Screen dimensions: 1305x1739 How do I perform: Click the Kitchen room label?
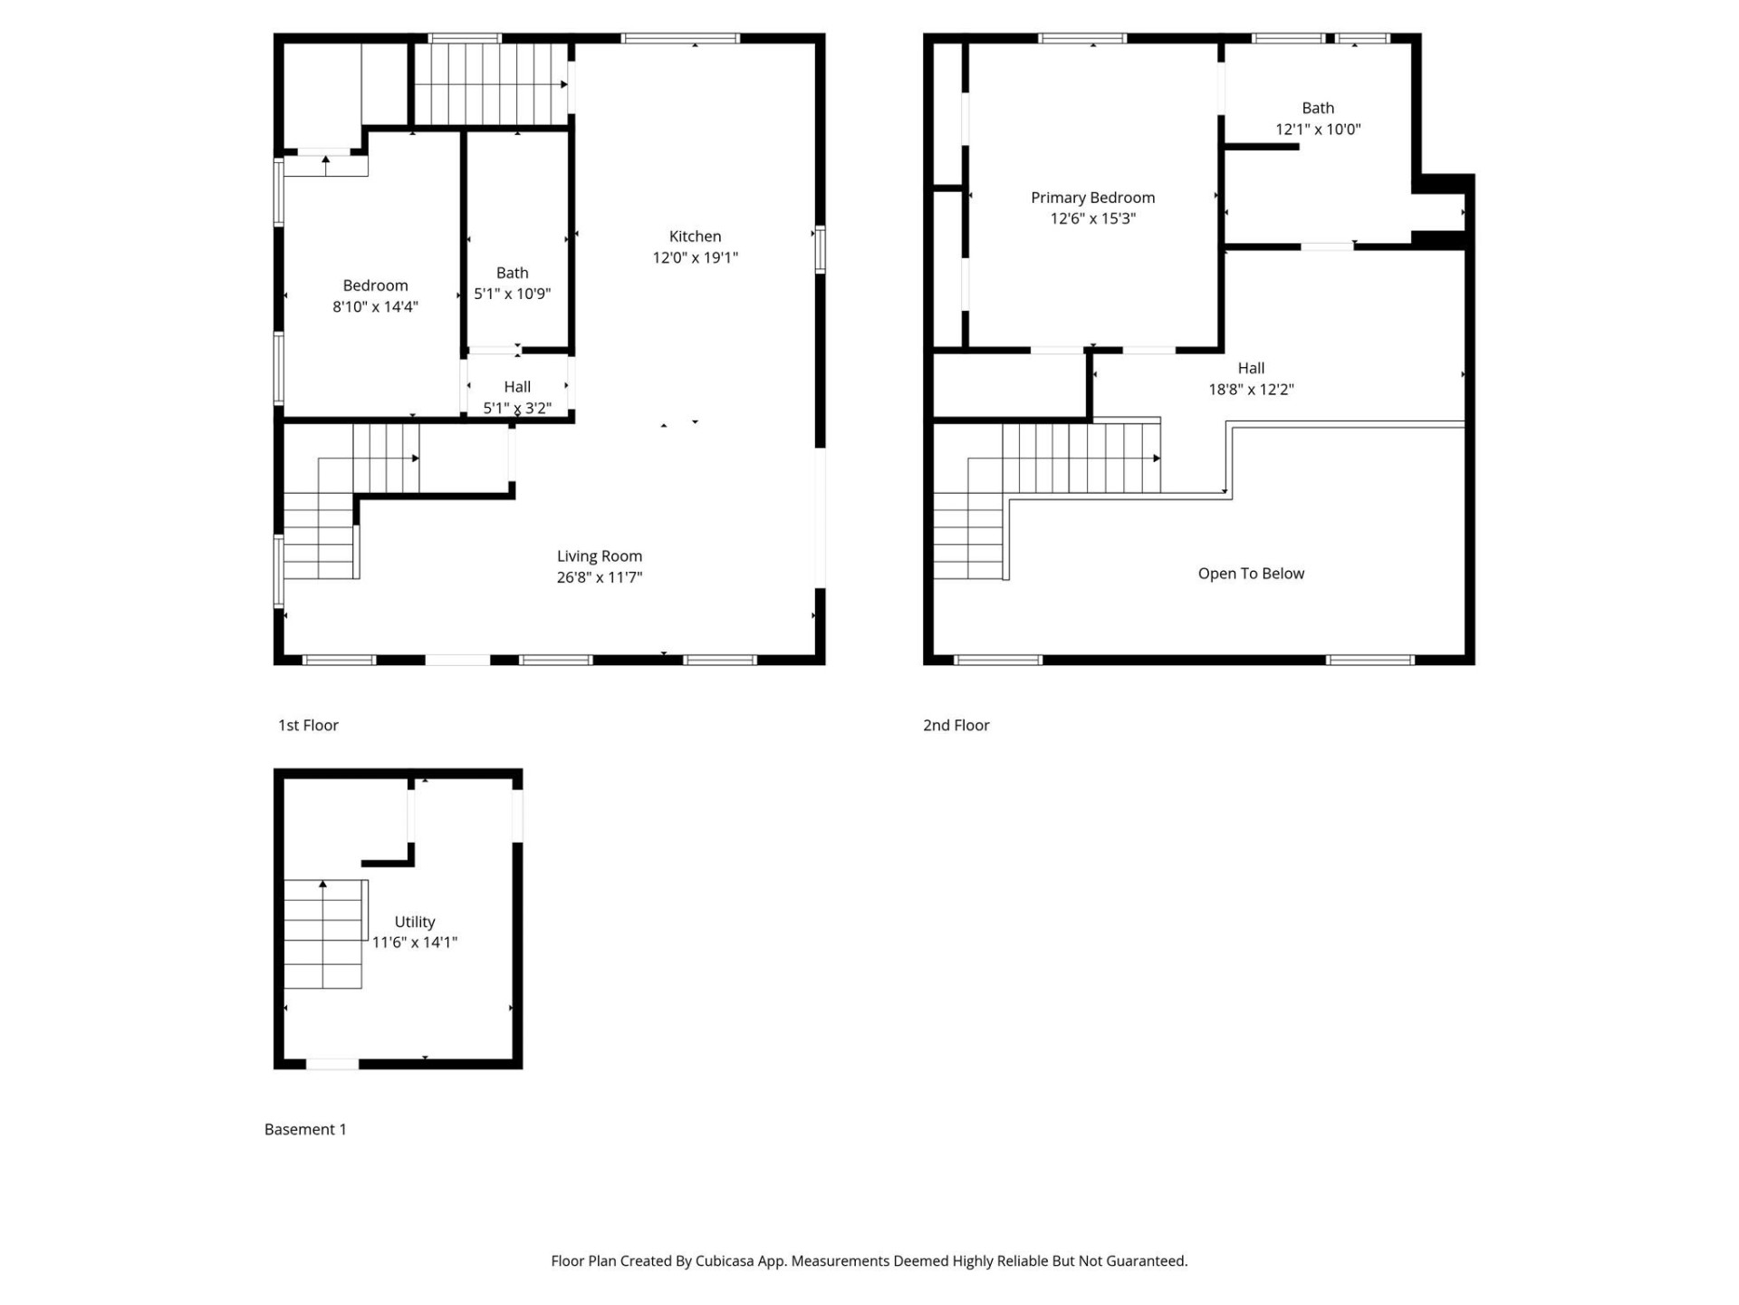point(695,237)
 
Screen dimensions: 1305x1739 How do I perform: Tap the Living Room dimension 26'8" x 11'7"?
point(599,577)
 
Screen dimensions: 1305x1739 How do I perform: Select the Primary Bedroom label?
point(1092,198)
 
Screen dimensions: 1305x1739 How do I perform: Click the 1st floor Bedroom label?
point(375,285)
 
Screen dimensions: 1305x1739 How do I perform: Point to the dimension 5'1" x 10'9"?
point(512,294)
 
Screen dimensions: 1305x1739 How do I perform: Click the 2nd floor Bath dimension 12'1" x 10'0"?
point(1318,130)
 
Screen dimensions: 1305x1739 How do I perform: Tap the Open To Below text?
point(1251,574)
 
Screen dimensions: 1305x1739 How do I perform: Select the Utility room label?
point(415,922)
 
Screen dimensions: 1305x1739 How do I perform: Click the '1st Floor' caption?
point(308,725)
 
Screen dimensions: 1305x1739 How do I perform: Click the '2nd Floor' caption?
point(956,725)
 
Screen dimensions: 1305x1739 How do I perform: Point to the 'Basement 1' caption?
point(305,1129)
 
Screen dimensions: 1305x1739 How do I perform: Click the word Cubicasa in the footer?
point(724,1261)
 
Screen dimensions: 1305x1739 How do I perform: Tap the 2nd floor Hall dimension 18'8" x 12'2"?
point(1251,390)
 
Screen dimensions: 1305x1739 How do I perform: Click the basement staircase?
point(322,933)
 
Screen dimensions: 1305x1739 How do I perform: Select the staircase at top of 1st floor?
point(490,84)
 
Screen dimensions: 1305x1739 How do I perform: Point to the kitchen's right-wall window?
point(820,250)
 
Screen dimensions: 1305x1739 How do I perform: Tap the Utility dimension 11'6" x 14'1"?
point(415,942)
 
